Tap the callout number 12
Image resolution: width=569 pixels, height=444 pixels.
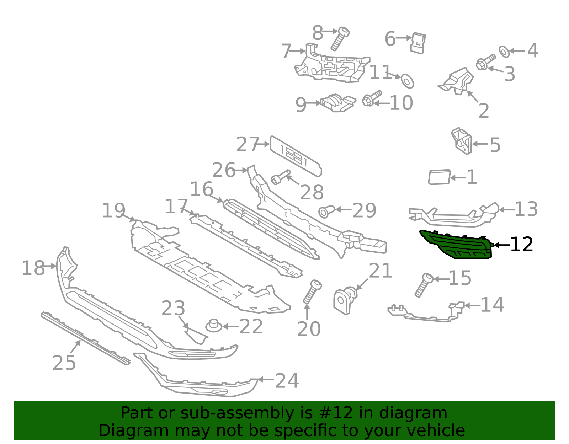pyautogui.click(x=522, y=245)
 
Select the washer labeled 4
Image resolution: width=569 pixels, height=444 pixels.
pyautogui.click(x=504, y=52)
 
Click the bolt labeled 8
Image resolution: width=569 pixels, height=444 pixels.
pyautogui.click(x=340, y=39)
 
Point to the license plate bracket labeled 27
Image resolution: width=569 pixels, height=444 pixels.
pyautogui.click(x=296, y=156)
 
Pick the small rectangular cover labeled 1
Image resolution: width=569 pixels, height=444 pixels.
pyautogui.click(x=439, y=177)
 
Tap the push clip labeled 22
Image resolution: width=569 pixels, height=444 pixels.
pyautogui.click(x=214, y=326)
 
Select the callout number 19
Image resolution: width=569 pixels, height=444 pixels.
pyautogui.click(x=113, y=210)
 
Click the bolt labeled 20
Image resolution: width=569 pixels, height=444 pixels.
pyautogui.click(x=312, y=292)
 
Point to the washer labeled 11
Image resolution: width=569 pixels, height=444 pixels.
pyautogui.click(x=407, y=81)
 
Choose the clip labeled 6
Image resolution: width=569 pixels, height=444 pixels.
pyautogui.click(x=418, y=43)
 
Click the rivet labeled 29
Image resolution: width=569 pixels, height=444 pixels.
pyautogui.click(x=326, y=212)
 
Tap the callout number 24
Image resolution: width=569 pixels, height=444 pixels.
pyautogui.click(x=287, y=381)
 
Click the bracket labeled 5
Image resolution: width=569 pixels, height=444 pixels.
pyautogui.click(x=461, y=141)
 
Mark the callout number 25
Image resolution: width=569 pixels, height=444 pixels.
pyautogui.click(x=64, y=363)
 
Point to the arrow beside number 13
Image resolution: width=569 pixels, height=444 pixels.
pyautogui.click(x=506, y=210)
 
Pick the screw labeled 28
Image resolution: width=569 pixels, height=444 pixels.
pyautogui.click(x=281, y=177)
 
